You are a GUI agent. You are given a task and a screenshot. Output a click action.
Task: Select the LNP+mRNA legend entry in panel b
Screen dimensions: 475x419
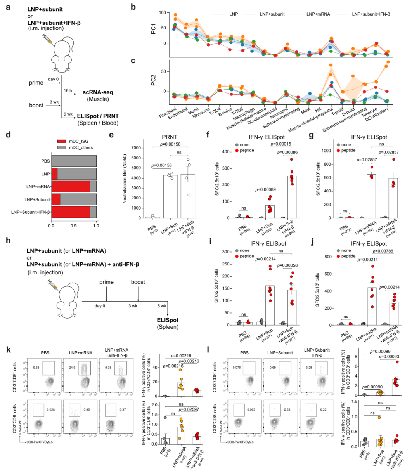tap(318, 14)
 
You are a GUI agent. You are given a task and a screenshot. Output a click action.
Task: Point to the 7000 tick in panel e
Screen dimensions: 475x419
tap(135, 148)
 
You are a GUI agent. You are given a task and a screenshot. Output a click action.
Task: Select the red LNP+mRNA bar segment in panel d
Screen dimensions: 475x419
tap(71, 187)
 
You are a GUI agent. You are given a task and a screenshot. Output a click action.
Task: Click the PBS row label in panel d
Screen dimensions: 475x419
tap(46, 161)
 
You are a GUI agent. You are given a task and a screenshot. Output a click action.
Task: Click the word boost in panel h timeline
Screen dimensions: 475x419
tap(138, 282)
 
